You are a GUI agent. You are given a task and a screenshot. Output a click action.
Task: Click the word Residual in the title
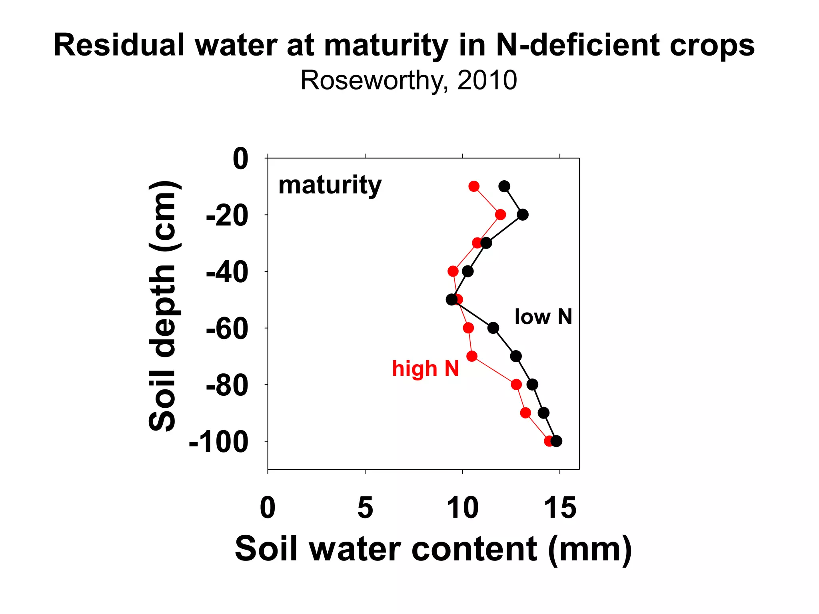119,45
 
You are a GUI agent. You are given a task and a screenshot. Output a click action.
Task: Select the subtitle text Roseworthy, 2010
408,80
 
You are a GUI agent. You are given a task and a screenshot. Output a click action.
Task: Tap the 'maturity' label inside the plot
330,185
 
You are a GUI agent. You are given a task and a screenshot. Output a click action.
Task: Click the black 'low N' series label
543,317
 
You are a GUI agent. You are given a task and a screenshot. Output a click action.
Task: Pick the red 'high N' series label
425,368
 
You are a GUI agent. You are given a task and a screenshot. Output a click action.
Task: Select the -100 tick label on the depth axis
218,443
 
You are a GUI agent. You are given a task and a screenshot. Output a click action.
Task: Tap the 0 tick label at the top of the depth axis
240,159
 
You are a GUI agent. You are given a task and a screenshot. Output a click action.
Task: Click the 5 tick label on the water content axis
365,508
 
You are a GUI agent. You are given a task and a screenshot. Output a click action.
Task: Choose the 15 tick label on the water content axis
560,508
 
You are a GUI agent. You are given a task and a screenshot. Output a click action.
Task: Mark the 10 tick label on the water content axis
462,508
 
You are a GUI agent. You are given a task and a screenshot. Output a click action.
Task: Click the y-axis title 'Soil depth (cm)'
163,306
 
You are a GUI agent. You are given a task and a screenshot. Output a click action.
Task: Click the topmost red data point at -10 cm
474,186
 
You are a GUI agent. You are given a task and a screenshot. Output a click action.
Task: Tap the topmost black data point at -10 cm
504,186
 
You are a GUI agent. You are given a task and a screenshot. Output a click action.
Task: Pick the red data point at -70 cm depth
472,356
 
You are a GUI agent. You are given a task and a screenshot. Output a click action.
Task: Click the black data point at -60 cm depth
493,328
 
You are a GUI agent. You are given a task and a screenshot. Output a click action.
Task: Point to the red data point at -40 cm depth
453,271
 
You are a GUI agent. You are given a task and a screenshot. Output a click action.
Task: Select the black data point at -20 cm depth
523,215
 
